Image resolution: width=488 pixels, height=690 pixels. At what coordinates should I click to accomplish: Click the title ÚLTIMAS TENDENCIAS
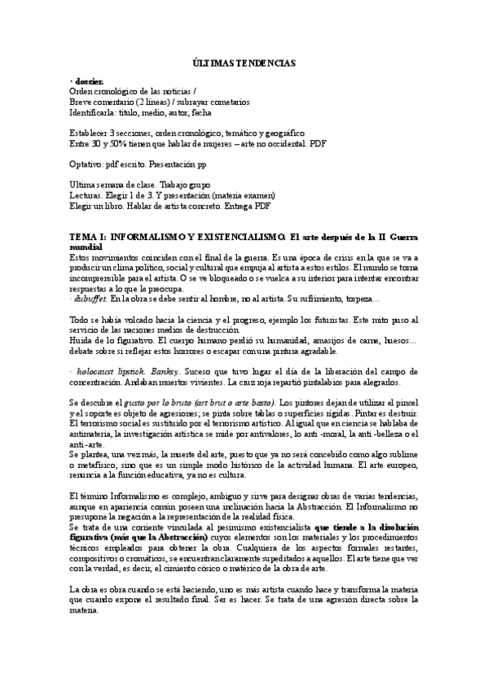[x=244, y=62]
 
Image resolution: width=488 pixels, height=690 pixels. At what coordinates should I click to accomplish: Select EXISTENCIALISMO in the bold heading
[x=228, y=237]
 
